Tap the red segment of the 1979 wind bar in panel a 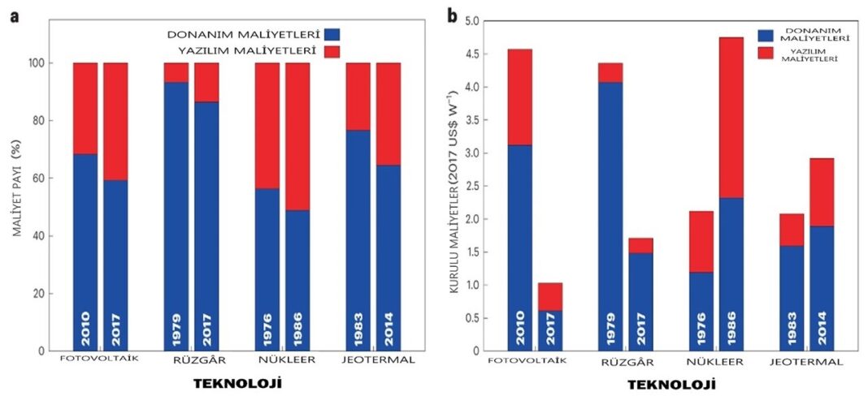click(176, 72)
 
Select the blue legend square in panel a click(332, 35)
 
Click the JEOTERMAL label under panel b click(805, 362)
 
